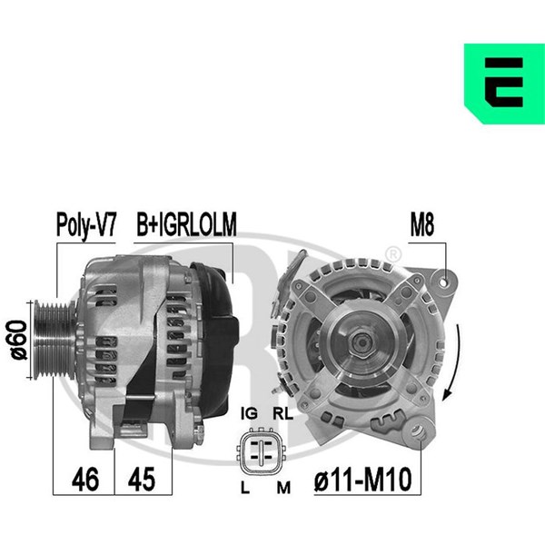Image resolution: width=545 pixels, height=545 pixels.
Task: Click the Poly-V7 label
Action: (86, 224)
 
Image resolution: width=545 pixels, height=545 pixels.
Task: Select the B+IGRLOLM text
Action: (186, 224)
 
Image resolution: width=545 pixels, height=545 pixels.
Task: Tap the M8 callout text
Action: (422, 224)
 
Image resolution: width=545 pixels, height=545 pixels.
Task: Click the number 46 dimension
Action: (85, 480)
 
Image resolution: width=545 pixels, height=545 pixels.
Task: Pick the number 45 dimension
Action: (141, 480)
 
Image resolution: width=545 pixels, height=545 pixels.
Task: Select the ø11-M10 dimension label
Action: (362, 480)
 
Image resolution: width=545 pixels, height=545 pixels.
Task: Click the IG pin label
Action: (249, 413)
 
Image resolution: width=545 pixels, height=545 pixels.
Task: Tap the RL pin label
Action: (282, 413)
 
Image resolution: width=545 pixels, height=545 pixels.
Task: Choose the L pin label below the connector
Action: (245, 488)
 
